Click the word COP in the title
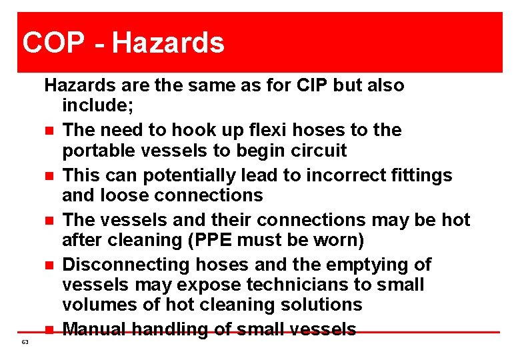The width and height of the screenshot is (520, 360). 53,43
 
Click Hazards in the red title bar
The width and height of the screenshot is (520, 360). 168,43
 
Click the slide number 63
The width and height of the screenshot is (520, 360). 25,341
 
